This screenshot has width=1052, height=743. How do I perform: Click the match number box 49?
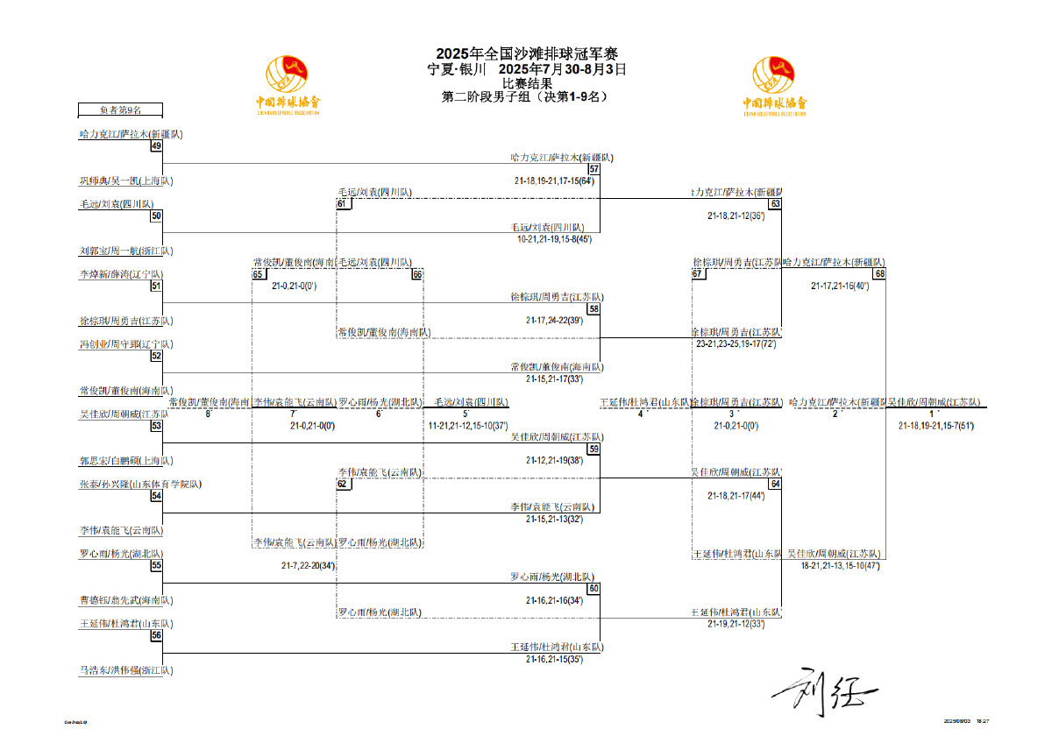tap(156, 146)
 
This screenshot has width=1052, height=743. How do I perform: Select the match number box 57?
tap(594, 169)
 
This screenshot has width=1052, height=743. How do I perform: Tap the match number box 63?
tap(775, 204)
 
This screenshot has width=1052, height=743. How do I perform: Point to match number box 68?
tap(879, 273)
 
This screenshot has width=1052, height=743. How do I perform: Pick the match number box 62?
tap(343, 484)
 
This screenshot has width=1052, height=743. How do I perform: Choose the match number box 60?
tap(594, 589)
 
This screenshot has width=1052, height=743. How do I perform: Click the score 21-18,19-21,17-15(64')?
tap(554, 180)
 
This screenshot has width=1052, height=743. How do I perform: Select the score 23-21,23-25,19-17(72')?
tap(736, 344)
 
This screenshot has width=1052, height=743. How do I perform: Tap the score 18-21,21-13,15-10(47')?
tap(840, 566)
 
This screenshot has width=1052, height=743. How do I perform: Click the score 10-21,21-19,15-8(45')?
tap(554, 238)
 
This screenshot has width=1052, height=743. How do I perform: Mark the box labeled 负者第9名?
tap(120, 110)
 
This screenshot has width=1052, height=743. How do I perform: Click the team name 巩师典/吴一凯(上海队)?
tap(126, 181)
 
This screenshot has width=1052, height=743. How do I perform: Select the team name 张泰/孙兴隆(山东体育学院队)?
tap(140, 484)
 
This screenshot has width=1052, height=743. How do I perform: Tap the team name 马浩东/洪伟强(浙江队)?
tap(126, 670)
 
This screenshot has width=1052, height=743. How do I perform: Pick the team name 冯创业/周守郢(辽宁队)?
tap(126, 344)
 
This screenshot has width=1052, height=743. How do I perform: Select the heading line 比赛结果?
tap(526, 84)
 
